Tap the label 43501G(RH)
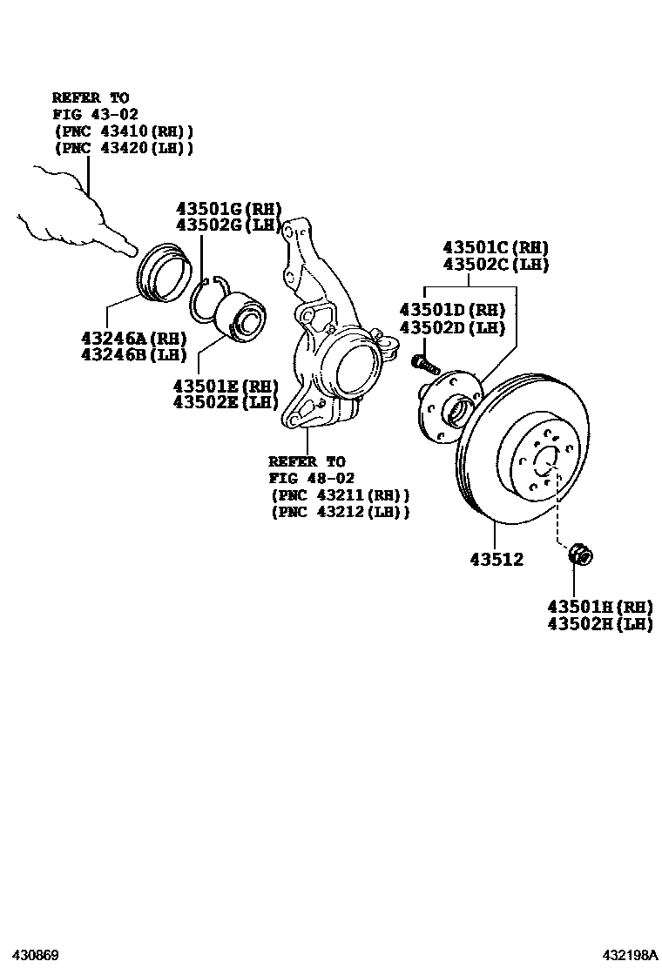tap(229, 209)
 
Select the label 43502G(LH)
tap(229, 225)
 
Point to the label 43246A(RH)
tap(134, 339)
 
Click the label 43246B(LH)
tap(134, 355)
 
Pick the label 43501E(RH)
tap(226, 386)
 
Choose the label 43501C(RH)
tap(496, 247)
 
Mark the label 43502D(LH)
tap(453, 327)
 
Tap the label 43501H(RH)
tap(600, 607)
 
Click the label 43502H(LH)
tap(600, 624)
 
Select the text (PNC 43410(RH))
tap(124, 131)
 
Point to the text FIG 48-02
tap(311, 478)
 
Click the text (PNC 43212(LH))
tap(340, 512)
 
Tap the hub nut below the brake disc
tap(579, 553)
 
